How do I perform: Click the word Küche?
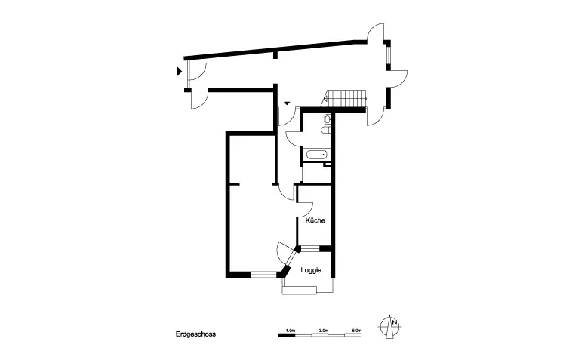tap(315, 221)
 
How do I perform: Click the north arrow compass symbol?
tap(391, 326)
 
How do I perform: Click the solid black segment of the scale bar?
tap(287, 334)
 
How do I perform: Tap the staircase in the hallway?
tap(345, 97)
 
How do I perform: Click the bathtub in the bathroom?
tap(316, 155)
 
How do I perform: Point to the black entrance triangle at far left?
tap(179, 72)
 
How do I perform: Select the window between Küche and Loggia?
tap(310, 248)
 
